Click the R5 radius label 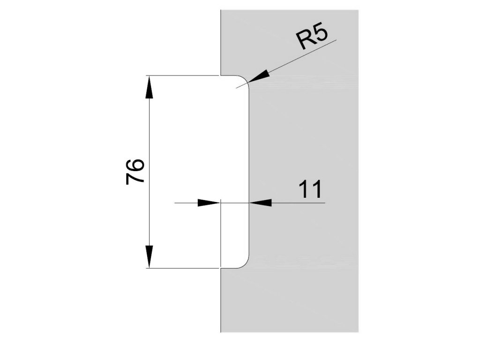(313, 38)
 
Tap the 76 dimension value (135, 172)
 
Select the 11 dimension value (310, 189)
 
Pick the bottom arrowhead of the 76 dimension (149, 256)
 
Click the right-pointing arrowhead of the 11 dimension (209, 202)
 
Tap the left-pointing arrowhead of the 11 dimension (261, 202)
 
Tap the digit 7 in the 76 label (135, 179)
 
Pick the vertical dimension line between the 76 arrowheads (149, 172)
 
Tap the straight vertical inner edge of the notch (249, 172)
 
